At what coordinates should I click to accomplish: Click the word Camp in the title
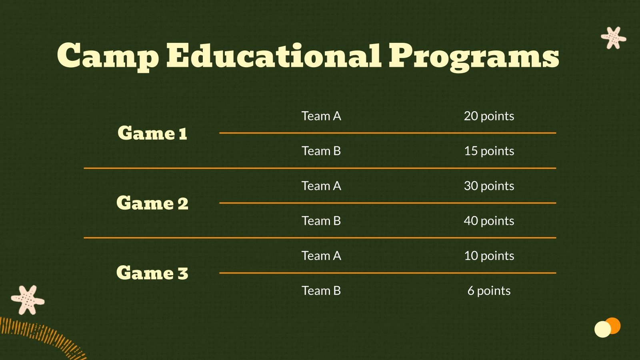tap(108, 56)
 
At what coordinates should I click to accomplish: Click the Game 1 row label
tap(152, 133)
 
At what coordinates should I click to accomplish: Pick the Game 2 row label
tap(152, 203)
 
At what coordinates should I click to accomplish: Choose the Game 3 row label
tap(152, 273)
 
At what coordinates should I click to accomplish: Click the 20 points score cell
tap(489, 116)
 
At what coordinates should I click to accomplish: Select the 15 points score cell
tap(489, 151)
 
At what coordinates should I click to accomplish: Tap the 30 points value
tap(489, 186)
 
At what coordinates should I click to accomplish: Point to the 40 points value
tap(489, 221)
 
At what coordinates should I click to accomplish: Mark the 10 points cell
tap(489, 256)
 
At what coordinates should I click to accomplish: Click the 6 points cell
tap(489, 291)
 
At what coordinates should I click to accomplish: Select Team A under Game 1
tap(321, 116)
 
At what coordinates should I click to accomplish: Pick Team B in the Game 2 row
tap(321, 221)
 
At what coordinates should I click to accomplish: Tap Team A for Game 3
tap(321, 256)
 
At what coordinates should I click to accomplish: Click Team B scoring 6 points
tap(321, 291)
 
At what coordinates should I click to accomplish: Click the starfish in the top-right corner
tap(613, 38)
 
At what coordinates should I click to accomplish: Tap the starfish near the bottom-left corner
tap(27, 300)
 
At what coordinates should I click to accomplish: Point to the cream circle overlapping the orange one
tap(602, 330)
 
